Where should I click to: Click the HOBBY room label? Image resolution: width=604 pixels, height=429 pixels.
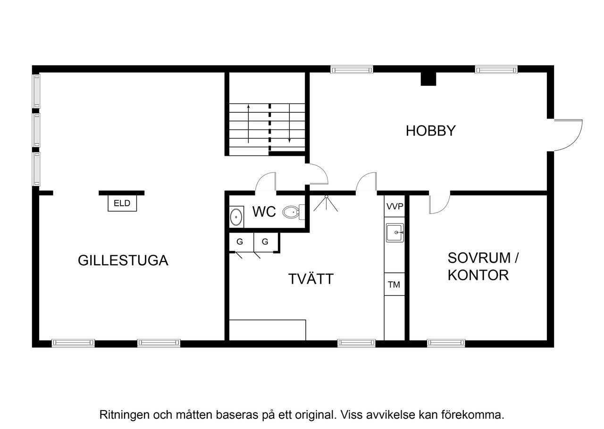(x=430, y=131)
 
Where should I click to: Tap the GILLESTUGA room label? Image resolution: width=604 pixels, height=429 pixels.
(x=123, y=261)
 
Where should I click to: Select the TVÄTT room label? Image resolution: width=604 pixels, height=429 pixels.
(x=310, y=279)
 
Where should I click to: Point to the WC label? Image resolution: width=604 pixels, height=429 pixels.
(x=264, y=212)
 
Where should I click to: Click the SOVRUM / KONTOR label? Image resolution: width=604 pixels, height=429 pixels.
(x=478, y=266)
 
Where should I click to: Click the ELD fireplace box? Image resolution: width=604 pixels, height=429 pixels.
(x=122, y=204)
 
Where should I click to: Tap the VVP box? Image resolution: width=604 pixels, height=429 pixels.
(x=394, y=207)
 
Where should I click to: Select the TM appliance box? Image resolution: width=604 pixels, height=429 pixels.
(x=394, y=284)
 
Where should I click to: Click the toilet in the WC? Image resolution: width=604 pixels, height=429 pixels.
(x=292, y=213)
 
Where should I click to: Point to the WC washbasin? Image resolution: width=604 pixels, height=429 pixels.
(x=236, y=217)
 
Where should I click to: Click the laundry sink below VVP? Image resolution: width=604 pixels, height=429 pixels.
(x=394, y=233)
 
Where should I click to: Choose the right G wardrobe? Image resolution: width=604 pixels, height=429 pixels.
(x=265, y=242)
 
